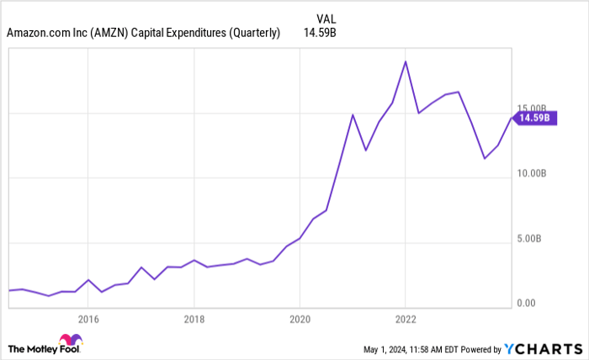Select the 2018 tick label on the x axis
194,319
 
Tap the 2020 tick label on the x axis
300,319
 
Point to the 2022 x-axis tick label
406,319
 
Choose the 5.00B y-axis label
530,238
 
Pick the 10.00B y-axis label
532,173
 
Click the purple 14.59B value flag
533,118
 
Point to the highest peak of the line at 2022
406,61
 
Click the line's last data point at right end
511,118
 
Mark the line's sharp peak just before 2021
353,114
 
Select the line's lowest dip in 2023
484,158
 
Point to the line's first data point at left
9,290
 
